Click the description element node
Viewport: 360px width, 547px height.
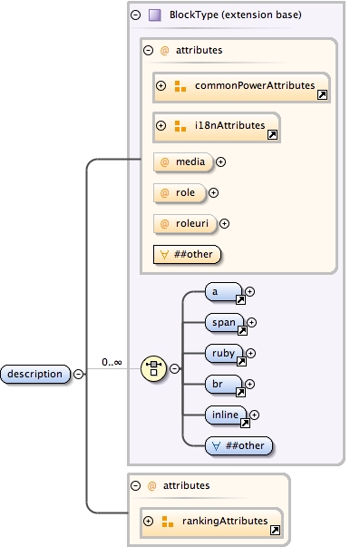[35, 374]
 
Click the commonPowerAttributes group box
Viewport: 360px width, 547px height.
[241, 86]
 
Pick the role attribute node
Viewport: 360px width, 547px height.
[179, 192]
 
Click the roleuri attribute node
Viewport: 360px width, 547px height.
[185, 223]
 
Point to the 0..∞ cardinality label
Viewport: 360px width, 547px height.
[112, 362]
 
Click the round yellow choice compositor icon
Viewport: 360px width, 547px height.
[154, 369]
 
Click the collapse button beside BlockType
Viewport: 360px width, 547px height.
[135, 15]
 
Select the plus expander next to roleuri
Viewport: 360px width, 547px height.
[225, 223]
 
